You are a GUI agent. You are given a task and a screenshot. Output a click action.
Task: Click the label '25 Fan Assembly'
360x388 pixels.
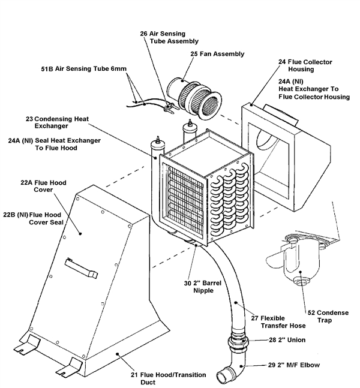point(200,54)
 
